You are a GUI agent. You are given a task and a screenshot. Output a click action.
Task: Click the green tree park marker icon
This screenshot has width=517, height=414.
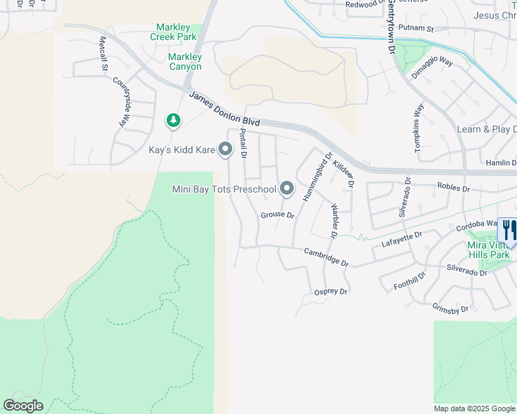click(173, 121)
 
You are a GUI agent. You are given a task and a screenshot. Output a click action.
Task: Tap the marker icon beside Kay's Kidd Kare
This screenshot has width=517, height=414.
click(225, 149)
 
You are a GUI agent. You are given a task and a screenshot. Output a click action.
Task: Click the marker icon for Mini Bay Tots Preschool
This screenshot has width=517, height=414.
click(287, 188)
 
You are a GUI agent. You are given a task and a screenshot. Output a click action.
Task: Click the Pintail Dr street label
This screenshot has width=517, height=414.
click(243, 143)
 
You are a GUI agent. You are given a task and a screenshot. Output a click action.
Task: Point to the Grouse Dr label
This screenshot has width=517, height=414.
click(277, 215)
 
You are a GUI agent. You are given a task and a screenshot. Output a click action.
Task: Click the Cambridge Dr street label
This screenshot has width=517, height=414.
click(326, 257)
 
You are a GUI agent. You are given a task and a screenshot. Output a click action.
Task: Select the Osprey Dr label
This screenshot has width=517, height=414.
click(330, 291)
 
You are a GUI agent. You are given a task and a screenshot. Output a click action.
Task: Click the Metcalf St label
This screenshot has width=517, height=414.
click(104, 53)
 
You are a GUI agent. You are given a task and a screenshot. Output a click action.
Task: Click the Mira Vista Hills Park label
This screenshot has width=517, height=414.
click(488, 250)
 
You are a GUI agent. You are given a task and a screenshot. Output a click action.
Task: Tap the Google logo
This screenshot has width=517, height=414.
click(23, 406)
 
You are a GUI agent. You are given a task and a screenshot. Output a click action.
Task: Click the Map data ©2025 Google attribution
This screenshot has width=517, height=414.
click(474, 408)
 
